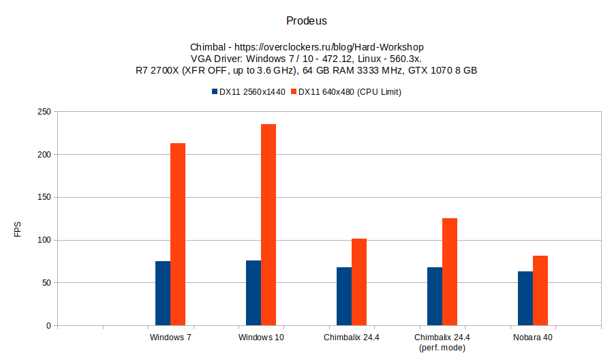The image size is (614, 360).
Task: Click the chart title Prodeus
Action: (307, 21)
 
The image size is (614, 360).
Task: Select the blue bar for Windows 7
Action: (163, 293)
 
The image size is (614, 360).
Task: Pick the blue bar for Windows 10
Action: (254, 293)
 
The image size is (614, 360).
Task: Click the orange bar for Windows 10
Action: (268, 225)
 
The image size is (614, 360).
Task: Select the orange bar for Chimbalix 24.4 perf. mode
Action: (450, 272)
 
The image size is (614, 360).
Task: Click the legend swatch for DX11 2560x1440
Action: (214, 92)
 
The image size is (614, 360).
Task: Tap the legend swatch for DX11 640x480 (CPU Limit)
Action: (294, 92)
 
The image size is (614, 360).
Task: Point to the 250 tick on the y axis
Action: (43, 112)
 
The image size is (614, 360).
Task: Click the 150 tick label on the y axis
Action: (43, 198)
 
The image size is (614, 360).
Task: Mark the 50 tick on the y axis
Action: (45, 283)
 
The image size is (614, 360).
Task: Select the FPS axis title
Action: (18, 231)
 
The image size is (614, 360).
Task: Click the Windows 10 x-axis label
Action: (261, 337)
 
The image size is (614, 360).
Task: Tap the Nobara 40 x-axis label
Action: (533, 337)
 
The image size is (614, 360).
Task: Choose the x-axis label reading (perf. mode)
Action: (442, 348)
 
